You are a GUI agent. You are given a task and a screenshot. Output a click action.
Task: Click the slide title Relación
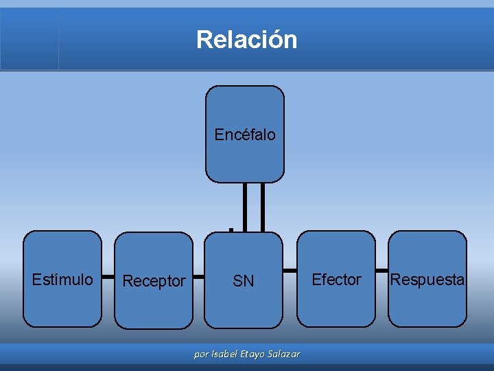(246, 39)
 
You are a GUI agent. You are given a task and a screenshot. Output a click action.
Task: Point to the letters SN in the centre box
(244, 281)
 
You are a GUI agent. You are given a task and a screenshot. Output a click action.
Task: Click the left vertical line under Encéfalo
(246, 206)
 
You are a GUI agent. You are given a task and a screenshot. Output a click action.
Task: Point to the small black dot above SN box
(232, 227)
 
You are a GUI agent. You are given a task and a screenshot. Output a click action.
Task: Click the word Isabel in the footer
(226, 355)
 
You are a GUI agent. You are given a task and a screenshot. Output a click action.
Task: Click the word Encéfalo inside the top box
(245, 135)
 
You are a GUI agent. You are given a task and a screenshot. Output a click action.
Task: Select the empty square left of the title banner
(30, 38)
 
